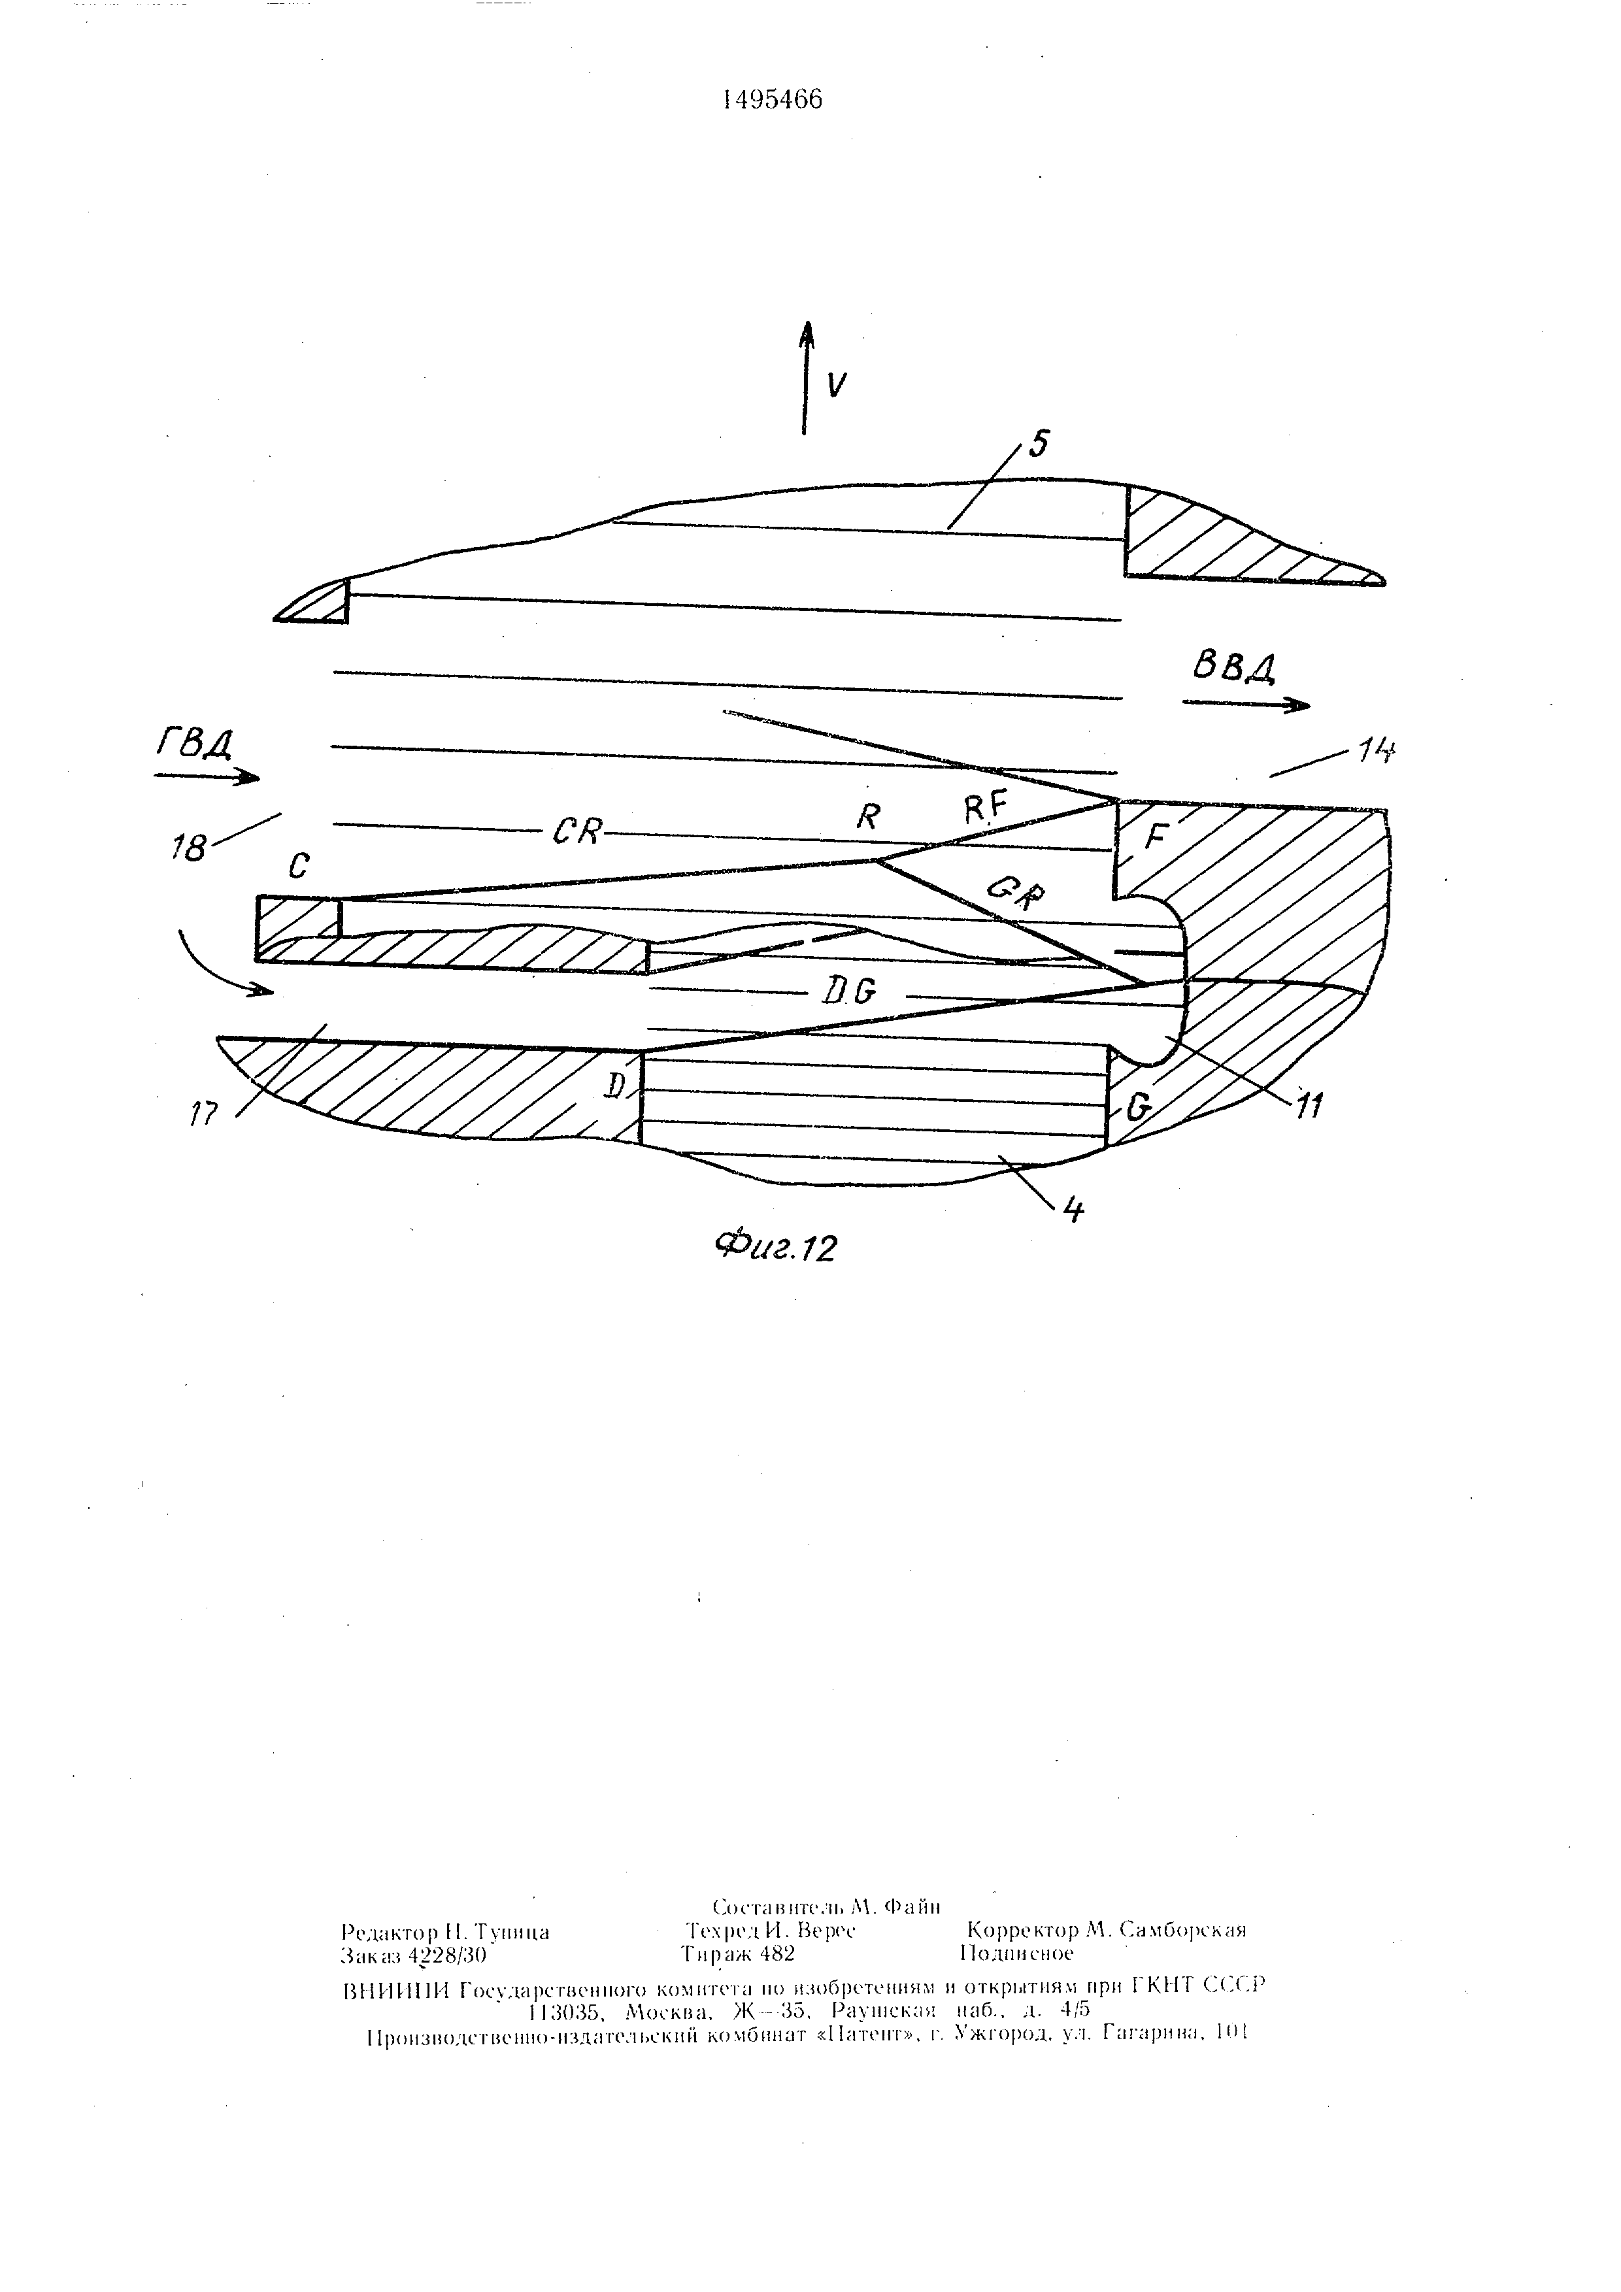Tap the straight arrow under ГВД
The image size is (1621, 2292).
tap(207, 776)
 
